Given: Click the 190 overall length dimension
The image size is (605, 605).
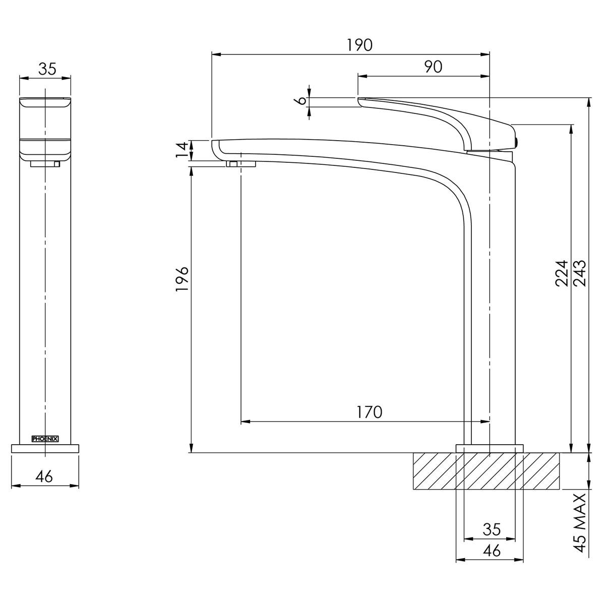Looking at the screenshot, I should coord(359,45).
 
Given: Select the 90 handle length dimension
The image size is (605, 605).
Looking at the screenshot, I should coord(433,67).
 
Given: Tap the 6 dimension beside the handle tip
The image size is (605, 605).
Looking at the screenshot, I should coord(302,100).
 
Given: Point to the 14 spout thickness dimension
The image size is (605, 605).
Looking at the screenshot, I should coord(182,150).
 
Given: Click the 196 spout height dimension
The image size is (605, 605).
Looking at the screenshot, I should coord(182,277).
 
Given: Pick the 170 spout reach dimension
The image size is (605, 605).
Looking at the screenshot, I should coord(370,412).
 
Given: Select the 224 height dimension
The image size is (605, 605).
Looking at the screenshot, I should coord(562,273).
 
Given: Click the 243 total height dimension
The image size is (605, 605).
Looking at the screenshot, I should coord(580,273).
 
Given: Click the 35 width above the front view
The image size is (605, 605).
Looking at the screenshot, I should coord(47,69).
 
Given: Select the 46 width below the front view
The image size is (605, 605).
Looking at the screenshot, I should coord(44,476).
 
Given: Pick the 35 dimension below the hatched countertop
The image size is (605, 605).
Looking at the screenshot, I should coord(491,529).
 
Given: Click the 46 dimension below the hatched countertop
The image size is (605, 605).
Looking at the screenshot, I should coord(491,551).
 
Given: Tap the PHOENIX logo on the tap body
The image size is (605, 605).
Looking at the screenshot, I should coord(45,439).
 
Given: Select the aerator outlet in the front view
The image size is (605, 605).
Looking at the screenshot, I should coord(45,163).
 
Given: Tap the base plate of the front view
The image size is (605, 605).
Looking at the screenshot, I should coord(45,448).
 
